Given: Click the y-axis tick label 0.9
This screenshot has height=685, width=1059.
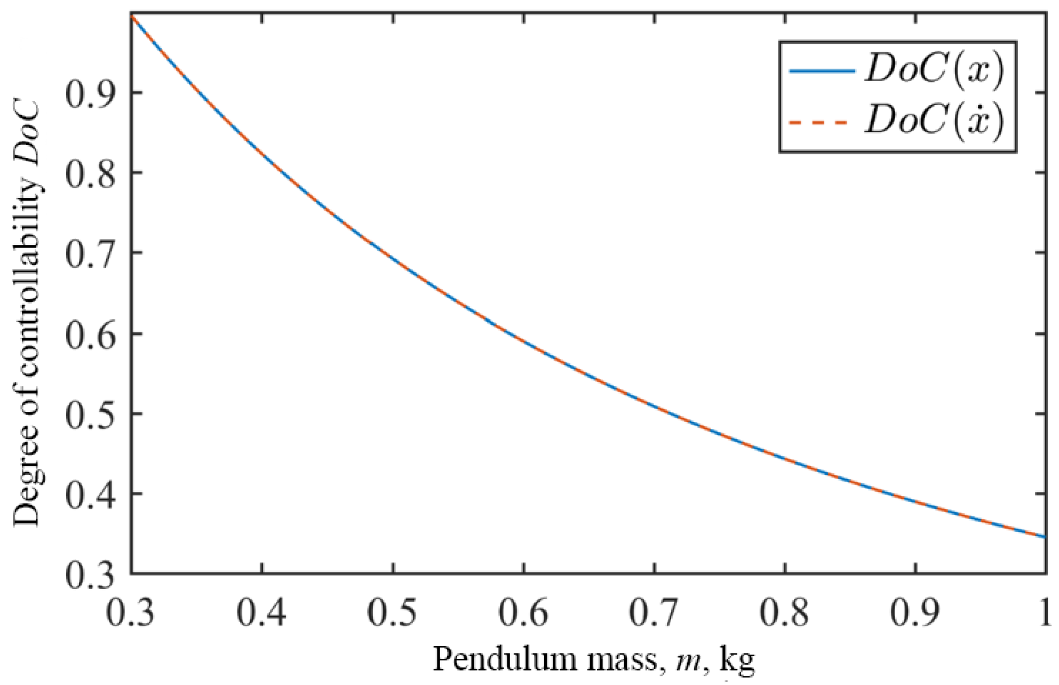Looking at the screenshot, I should point(90,94).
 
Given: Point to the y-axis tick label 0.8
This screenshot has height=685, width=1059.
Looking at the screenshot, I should point(90,174).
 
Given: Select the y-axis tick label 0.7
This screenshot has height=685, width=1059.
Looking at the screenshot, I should point(90,254).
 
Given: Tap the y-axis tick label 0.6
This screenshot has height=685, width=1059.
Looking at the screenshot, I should point(90,335).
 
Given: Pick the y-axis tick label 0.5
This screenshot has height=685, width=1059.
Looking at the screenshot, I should point(90,415).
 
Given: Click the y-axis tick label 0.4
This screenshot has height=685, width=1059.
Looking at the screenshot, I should point(90,495).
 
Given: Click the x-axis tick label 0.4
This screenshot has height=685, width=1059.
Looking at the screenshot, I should point(261,614).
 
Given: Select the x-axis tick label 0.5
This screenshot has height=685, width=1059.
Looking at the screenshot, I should point(393,614).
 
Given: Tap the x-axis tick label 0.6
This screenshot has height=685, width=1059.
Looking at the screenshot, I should point(523,614).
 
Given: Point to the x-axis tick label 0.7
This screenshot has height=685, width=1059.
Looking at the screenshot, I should point(654,614).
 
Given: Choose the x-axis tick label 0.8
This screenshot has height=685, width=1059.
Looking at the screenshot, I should point(784,614).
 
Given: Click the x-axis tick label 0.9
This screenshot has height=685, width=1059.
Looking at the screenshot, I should point(915,614).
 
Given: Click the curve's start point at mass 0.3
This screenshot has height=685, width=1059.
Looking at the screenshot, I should point(131,16).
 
